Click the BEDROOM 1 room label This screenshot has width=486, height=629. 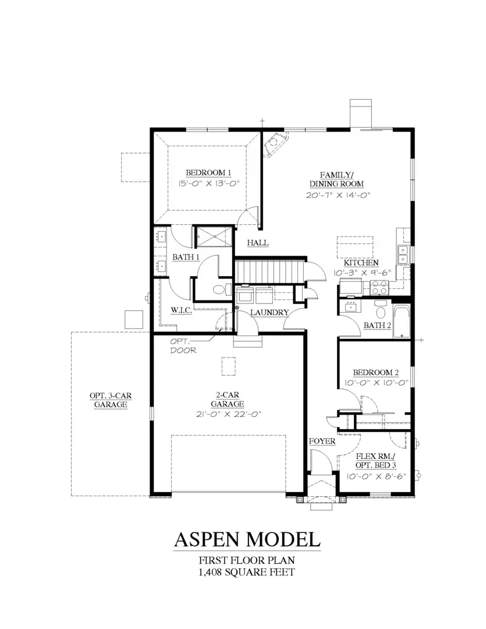pyautogui.click(x=209, y=172)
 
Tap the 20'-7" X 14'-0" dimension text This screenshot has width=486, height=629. pyautogui.click(x=338, y=195)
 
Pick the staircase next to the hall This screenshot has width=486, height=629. pyautogui.click(x=269, y=271)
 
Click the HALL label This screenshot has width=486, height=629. pyautogui.click(x=257, y=242)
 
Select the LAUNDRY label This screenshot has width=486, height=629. pyautogui.click(x=269, y=313)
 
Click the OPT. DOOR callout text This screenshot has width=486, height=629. pyautogui.click(x=182, y=346)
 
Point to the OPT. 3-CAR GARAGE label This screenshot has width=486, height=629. pyautogui.click(x=111, y=400)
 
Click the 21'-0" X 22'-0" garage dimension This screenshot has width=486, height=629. pyautogui.click(x=227, y=414)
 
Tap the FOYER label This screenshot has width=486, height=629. pyautogui.click(x=322, y=441)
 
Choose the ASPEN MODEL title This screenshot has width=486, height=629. pyautogui.click(x=247, y=539)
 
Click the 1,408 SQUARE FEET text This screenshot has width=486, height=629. pyautogui.click(x=247, y=572)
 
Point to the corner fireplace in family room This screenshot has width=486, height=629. pyautogui.click(x=274, y=144)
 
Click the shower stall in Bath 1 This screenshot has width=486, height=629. pyautogui.click(x=213, y=236)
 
